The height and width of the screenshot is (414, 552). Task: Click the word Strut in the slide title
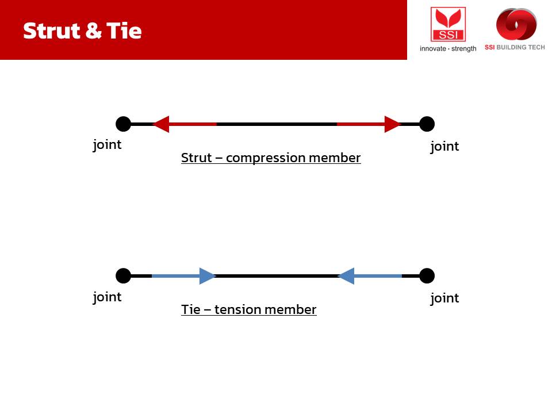52,30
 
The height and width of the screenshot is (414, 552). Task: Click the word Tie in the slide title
124,30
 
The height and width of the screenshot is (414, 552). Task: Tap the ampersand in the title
94,30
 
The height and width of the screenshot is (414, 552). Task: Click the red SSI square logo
448,24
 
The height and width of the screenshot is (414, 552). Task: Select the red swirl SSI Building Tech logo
516,24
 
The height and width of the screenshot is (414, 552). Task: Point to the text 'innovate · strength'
448,48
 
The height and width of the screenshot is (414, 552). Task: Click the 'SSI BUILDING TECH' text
515,47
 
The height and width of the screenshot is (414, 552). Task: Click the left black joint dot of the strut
123,124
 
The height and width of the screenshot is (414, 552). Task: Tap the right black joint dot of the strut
427,124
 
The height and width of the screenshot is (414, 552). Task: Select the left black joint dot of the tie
123,275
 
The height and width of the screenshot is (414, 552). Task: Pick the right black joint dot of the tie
427,275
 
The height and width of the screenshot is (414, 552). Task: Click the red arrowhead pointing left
161,124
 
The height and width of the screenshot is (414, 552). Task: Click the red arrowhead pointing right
393,124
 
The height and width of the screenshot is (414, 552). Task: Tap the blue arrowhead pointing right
208,275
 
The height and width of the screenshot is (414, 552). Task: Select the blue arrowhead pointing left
346,275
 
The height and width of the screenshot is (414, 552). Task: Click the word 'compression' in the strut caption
266,158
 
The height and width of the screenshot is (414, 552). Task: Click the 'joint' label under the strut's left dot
107,145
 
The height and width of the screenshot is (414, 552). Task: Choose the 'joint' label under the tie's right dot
444,298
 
